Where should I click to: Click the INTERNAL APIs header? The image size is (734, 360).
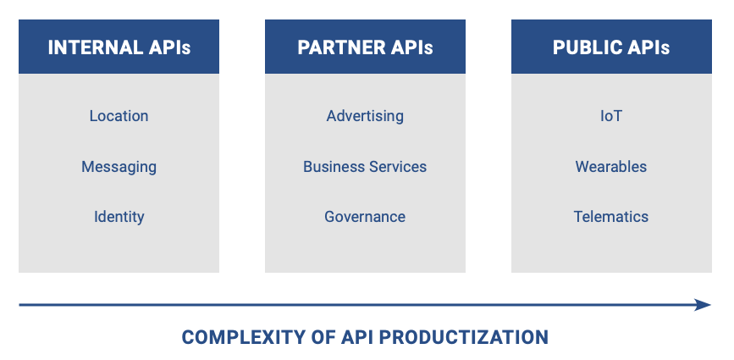tap(119, 47)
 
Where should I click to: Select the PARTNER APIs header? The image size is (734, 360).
tap(365, 47)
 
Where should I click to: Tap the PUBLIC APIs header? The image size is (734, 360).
tap(611, 47)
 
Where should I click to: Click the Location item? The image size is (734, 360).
tap(119, 116)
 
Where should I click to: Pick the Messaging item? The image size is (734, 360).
tap(119, 167)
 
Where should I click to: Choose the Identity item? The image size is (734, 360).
tap(119, 217)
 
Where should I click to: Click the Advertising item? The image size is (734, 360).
tap(365, 116)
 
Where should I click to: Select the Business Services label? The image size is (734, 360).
tap(365, 167)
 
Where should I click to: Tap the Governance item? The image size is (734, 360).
tap(365, 216)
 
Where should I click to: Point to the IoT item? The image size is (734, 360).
tap(611, 116)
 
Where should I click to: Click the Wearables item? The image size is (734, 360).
tap(611, 167)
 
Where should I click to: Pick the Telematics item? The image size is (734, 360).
tap(611, 216)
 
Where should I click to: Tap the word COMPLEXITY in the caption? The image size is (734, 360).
tap(242, 337)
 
